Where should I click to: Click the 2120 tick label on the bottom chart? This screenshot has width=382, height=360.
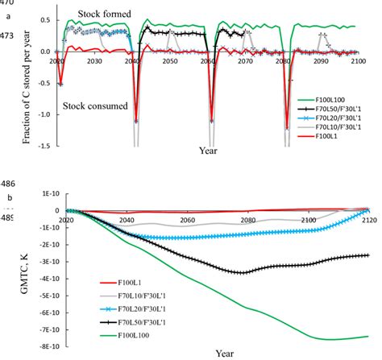tap(368, 218)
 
